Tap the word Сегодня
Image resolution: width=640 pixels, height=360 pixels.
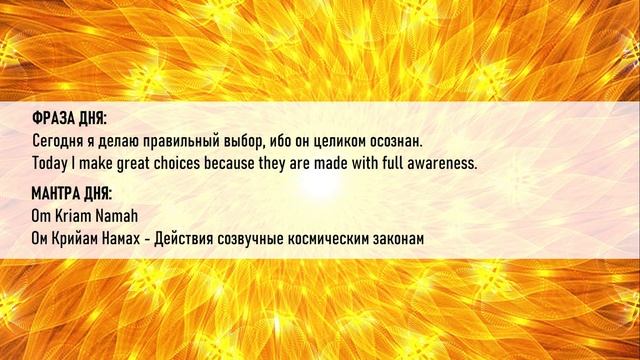click(x=59, y=140)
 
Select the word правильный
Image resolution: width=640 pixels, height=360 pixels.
click(x=183, y=140)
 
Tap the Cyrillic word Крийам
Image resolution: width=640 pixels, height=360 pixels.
click(x=79, y=237)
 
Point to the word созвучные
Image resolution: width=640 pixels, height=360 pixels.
click(x=274, y=237)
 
